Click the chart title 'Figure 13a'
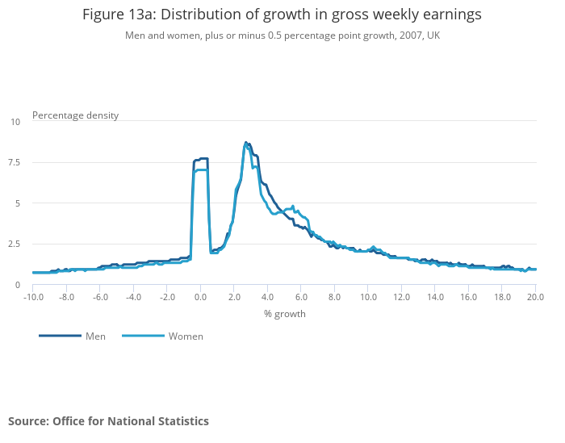(x=282, y=15)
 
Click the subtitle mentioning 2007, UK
(x=282, y=36)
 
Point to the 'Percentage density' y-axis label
(x=75, y=115)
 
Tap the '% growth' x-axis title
(x=284, y=313)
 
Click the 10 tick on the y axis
(x=15, y=122)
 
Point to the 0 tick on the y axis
(x=17, y=285)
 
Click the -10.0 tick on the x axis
(x=32, y=297)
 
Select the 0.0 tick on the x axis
(x=200, y=297)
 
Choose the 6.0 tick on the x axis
(x=301, y=297)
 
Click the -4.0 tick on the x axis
(x=133, y=297)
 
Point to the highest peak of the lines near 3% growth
(x=246, y=143)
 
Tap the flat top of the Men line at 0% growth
(x=201, y=158)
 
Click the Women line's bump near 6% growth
(x=292, y=207)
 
